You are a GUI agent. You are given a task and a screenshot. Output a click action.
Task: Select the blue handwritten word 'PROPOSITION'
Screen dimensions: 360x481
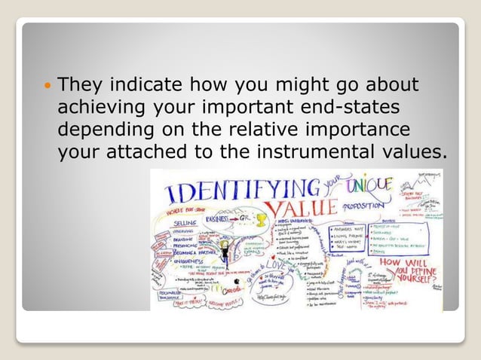click(x=366, y=205)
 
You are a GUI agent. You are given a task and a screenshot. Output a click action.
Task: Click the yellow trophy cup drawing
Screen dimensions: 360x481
click(x=262, y=221)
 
